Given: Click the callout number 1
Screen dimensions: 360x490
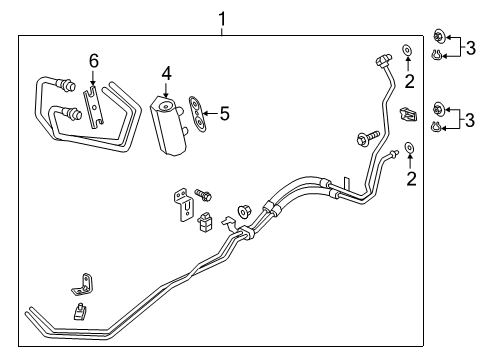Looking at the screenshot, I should [x=222, y=17].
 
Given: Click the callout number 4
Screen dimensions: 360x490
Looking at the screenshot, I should [x=168, y=72].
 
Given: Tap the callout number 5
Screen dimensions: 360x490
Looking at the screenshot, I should [x=225, y=113].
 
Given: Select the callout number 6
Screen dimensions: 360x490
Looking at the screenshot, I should [x=93, y=63].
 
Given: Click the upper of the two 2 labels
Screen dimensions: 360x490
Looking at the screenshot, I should [x=409, y=80].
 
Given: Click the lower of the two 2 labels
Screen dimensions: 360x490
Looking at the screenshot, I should [x=409, y=179].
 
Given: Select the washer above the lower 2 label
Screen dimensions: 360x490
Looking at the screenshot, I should [x=410, y=152].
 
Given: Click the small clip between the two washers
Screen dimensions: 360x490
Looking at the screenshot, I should [x=406, y=114].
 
